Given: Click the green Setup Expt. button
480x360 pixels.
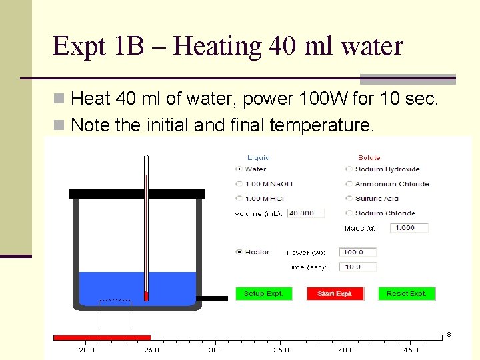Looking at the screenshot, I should [x=263, y=293].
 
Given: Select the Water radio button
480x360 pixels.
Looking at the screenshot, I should [x=239, y=169].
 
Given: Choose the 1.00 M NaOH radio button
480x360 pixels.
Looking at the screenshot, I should [x=239, y=184].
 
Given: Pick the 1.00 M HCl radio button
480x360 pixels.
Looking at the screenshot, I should [x=239, y=198].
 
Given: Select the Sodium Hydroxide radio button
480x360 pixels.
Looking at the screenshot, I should [x=349, y=169].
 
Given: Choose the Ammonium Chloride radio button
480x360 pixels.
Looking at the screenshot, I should [x=349, y=184].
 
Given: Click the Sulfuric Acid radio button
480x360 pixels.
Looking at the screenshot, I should [x=349, y=199].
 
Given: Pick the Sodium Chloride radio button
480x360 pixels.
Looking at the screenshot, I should [x=349, y=213].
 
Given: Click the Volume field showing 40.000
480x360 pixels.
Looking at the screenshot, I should [x=305, y=213].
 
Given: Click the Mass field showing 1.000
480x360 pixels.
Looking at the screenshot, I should [x=409, y=228].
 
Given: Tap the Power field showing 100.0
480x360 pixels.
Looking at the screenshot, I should [x=359, y=252].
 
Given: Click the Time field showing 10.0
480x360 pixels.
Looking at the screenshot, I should [x=359, y=267].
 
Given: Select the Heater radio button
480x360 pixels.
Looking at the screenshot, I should [x=239, y=252].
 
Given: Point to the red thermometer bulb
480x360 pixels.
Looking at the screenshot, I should [x=146, y=295].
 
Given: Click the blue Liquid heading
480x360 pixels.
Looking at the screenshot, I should [x=259, y=158].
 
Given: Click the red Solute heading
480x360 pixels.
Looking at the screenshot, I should [x=369, y=158].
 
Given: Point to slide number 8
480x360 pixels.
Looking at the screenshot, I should [x=449, y=334].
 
